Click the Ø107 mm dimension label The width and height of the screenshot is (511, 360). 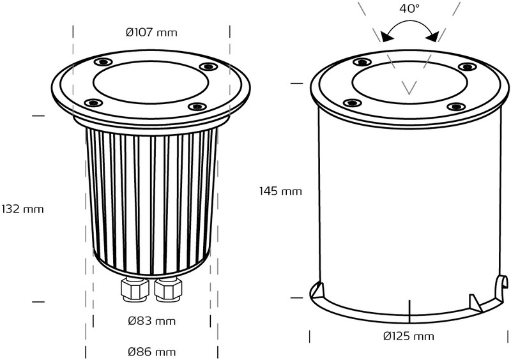pos(151,33)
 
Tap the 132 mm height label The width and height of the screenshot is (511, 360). pos(22,209)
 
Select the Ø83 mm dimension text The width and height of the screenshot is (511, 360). pos(152,321)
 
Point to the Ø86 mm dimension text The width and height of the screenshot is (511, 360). pos(152,352)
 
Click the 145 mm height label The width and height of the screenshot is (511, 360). pos(280,191)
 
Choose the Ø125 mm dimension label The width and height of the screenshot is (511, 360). pos(409,336)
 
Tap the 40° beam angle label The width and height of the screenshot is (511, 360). pos(409,9)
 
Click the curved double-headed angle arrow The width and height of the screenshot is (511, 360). pos(409,22)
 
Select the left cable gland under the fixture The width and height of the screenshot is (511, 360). pos(135,289)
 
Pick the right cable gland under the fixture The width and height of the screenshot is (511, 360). pos(168,289)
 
